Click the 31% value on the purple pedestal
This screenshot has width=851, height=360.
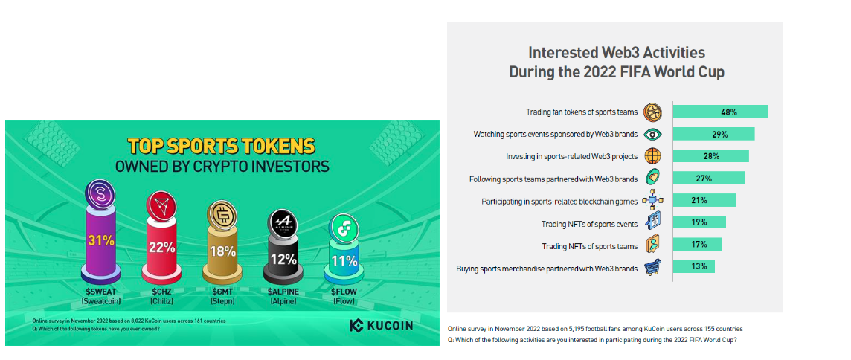pyautogui.click(x=101, y=240)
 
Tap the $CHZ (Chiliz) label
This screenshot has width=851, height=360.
pyautogui.click(x=161, y=296)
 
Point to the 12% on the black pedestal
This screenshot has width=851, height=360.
pyautogui.click(x=283, y=260)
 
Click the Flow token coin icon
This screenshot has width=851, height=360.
pyautogui.click(x=344, y=231)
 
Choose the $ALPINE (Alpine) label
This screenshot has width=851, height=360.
pyautogui.click(x=283, y=296)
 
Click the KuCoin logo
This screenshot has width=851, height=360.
pyautogui.click(x=381, y=326)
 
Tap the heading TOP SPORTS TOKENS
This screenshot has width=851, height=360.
pyautogui.click(x=222, y=147)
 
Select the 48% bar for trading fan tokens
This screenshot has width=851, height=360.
pyautogui.click(x=720, y=112)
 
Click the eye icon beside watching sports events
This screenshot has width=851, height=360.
pyautogui.click(x=652, y=134)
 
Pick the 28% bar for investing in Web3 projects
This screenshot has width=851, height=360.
pyautogui.click(x=710, y=156)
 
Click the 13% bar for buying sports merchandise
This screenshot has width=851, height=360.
pyautogui.click(x=693, y=266)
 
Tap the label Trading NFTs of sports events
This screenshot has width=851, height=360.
pyautogui.click(x=589, y=224)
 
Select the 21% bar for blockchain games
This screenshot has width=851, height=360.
pyautogui.click(x=704, y=200)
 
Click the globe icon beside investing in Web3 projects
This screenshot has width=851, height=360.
pyautogui.click(x=652, y=156)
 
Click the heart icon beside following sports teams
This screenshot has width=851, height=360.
pyautogui.click(x=652, y=178)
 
